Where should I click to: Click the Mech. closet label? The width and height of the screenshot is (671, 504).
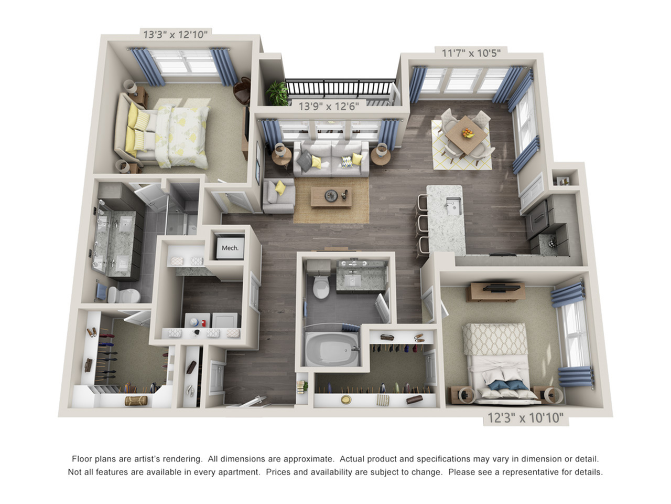[x=230, y=248]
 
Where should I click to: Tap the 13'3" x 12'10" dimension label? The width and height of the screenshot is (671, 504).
[x=176, y=34]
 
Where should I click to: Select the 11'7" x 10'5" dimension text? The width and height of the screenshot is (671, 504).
[x=471, y=53]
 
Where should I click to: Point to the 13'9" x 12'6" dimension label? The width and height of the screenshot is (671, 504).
[x=328, y=106]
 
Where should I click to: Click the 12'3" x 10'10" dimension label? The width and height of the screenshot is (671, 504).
[x=525, y=417]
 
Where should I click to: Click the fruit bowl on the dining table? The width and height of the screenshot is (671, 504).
[x=468, y=133]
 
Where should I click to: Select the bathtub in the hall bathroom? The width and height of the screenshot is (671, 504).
[x=332, y=349]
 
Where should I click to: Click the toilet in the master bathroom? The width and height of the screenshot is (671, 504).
[x=124, y=295]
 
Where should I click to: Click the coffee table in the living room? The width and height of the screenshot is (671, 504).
[x=331, y=197]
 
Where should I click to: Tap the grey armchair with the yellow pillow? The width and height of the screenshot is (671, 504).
[x=278, y=195]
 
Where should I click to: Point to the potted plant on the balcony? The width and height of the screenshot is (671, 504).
[x=277, y=93]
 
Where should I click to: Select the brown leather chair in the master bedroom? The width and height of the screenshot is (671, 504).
[x=242, y=90]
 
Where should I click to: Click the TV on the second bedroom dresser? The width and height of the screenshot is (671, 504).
[x=501, y=288]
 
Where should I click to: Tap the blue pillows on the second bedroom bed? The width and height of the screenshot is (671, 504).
[x=508, y=385]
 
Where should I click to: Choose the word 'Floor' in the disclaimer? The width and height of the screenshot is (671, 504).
[x=82, y=459]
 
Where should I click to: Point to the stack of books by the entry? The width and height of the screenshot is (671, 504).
[x=302, y=386]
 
